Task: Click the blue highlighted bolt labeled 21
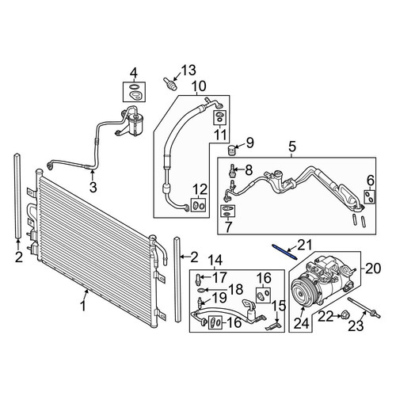(284, 252)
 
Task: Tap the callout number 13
(188, 70)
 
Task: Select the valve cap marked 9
(231, 150)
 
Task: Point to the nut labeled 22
(344, 314)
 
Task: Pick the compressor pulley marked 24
(303, 295)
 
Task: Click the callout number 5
(292, 147)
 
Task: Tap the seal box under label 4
(134, 92)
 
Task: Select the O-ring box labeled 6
(370, 197)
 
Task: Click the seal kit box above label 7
(227, 211)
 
